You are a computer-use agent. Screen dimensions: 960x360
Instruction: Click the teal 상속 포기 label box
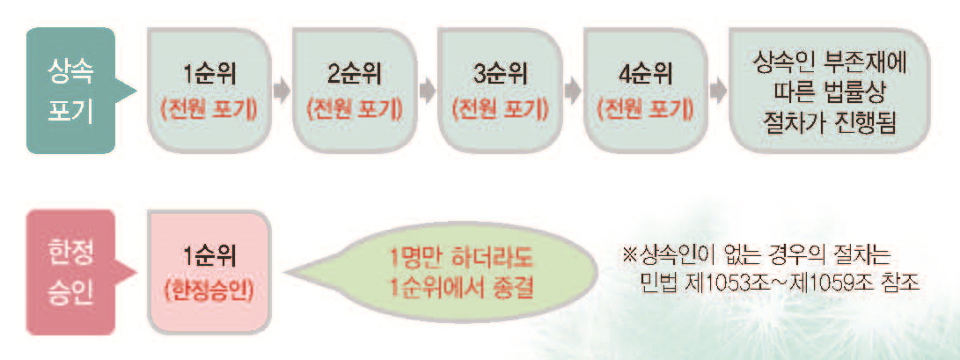point(70,90)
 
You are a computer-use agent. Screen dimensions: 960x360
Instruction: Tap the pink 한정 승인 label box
point(70,271)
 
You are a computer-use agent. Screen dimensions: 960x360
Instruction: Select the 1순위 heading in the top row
point(209,74)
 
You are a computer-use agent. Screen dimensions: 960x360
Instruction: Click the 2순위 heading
point(354,74)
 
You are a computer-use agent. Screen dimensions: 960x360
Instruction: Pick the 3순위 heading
point(499,74)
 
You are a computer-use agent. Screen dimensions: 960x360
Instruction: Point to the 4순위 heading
point(644,74)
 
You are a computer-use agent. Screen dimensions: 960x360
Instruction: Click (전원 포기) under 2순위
point(354,110)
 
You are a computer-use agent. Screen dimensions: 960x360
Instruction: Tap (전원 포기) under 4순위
point(644,110)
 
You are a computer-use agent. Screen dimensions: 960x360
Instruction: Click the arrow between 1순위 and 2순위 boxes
point(282,91)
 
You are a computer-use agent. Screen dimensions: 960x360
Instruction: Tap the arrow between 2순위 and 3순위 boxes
point(427,91)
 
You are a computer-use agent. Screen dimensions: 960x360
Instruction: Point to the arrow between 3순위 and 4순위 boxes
point(572,91)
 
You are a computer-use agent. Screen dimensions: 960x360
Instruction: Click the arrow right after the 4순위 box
point(717,91)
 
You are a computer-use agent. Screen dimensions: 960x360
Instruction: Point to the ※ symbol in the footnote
point(628,255)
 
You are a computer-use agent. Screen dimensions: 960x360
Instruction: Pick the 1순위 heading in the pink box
point(209,255)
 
